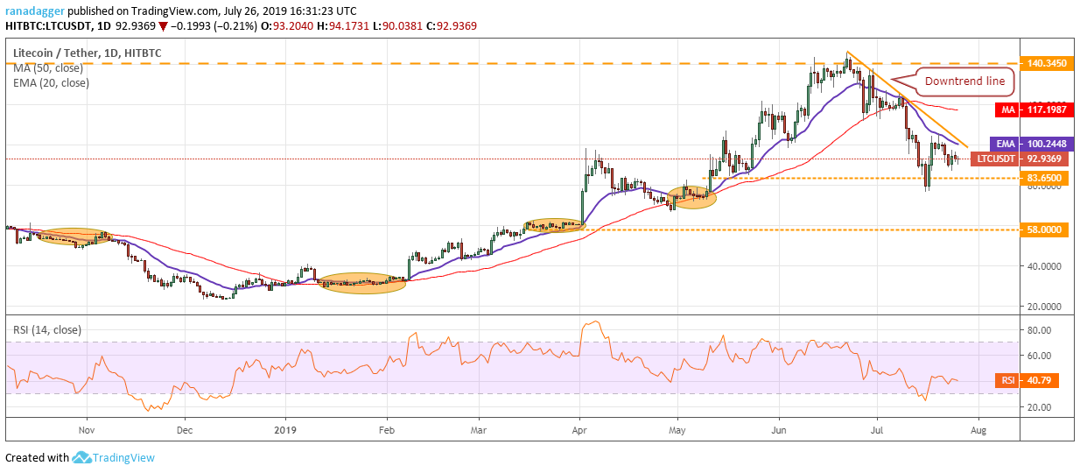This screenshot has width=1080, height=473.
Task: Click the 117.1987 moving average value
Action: click(x=1048, y=110)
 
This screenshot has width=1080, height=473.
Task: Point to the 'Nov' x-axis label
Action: click(x=86, y=430)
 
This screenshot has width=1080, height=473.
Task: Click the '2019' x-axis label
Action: click(x=285, y=430)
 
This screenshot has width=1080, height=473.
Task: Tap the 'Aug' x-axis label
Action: click(x=979, y=430)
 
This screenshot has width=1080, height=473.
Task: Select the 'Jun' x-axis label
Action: click(x=776, y=430)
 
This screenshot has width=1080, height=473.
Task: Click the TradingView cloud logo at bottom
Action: click(x=82, y=457)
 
